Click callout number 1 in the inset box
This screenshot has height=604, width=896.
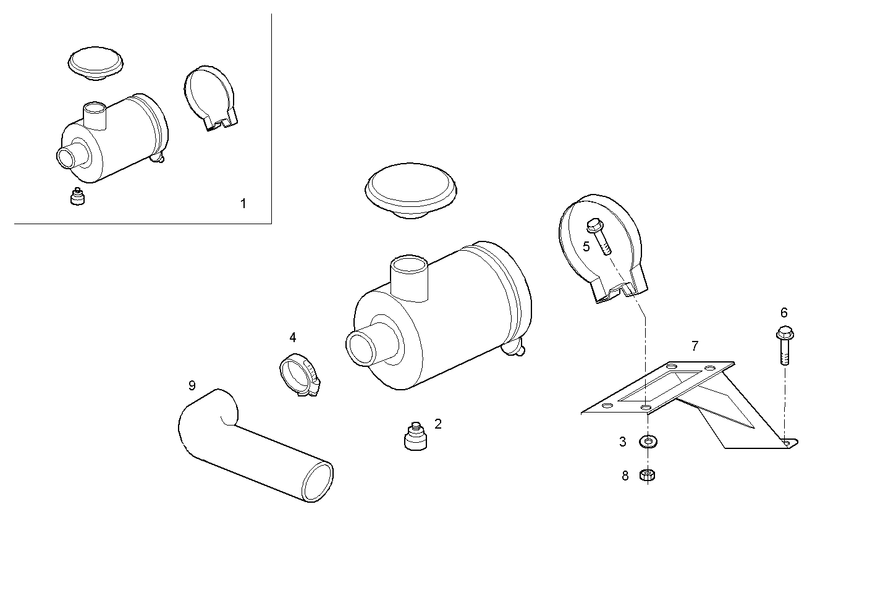click(243, 203)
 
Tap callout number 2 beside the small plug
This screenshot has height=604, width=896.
click(438, 424)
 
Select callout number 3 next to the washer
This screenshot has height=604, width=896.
click(623, 442)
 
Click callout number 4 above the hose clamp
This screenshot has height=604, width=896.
click(293, 337)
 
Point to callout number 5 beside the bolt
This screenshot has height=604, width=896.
click(586, 246)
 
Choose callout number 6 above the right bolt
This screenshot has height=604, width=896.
click(784, 312)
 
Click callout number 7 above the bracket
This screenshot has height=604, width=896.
click(695, 346)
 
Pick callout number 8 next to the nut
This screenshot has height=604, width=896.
click(625, 476)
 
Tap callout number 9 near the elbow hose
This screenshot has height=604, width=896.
click(192, 385)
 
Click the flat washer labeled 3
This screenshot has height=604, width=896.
click(648, 442)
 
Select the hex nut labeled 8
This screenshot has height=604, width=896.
click(648, 475)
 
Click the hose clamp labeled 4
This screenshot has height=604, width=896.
click(299, 374)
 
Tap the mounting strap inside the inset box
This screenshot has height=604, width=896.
click(209, 97)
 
